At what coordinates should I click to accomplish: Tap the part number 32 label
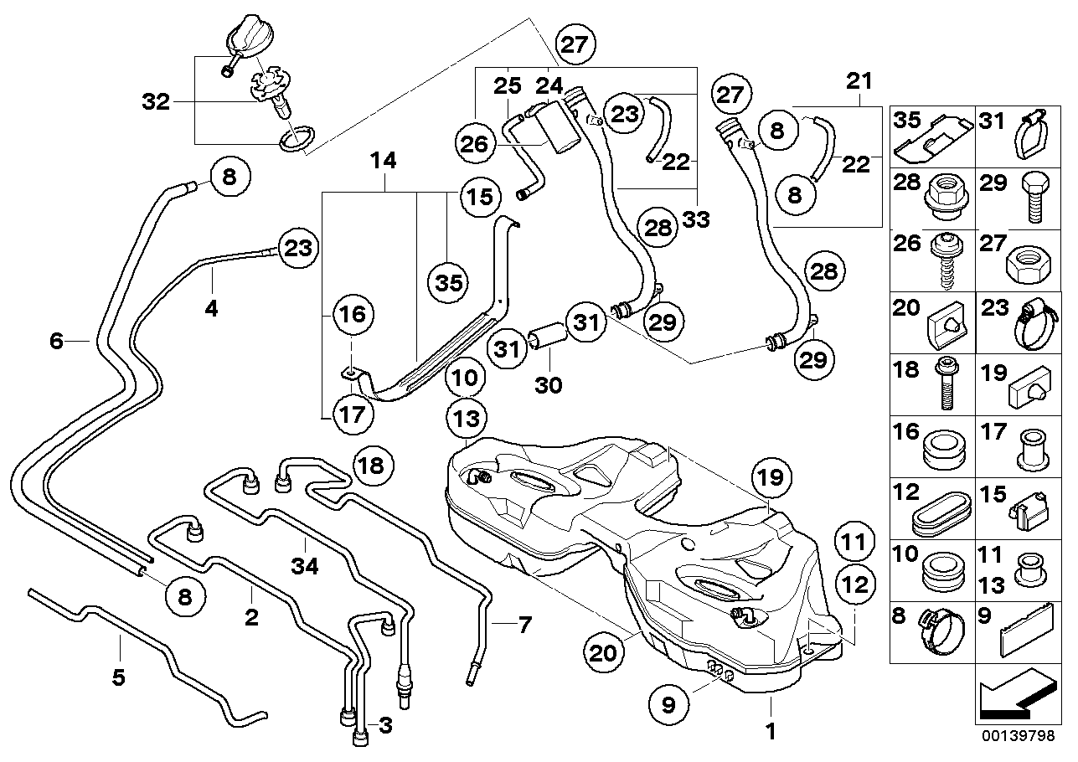tap(157, 102)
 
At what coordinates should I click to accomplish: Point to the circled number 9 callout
tap(668, 705)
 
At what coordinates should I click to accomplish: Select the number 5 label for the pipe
tap(119, 677)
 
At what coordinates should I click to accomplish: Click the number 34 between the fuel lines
tap(306, 567)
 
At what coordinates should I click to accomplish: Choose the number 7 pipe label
tap(524, 624)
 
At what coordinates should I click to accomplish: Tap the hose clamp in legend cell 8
tap(942, 636)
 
